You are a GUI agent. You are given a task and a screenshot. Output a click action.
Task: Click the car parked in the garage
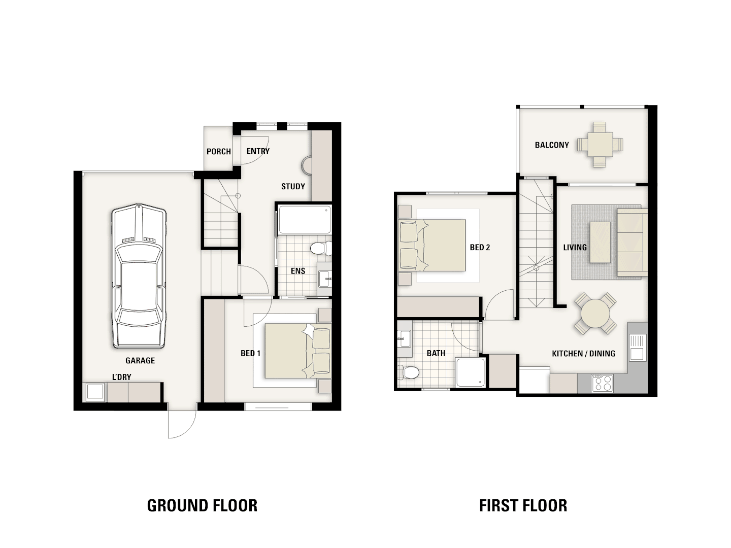(139, 276)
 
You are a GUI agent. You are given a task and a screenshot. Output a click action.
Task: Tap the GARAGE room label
(140, 360)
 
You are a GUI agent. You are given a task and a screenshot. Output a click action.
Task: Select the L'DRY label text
(121, 377)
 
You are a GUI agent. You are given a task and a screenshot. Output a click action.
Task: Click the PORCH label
(218, 151)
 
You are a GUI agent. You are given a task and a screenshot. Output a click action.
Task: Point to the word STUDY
(293, 186)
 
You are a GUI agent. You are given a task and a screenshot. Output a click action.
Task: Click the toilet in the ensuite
(321, 248)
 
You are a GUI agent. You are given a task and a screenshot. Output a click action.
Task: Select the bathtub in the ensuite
(305, 220)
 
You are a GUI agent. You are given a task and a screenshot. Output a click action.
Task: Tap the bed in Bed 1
(298, 351)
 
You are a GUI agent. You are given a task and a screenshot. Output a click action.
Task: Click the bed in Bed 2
(432, 245)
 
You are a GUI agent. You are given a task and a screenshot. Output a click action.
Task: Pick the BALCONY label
(552, 145)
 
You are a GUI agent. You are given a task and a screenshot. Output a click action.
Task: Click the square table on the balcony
(600, 145)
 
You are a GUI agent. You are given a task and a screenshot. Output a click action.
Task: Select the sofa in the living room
(632, 242)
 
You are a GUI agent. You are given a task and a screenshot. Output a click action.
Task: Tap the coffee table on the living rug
(600, 242)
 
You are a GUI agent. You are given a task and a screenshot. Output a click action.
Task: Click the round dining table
(595, 314)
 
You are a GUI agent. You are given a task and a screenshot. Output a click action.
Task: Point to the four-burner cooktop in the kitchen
(602, 383)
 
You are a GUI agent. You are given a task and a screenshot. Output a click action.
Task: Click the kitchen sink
(638, 348)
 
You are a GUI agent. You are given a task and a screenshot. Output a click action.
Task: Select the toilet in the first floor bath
(408, 372)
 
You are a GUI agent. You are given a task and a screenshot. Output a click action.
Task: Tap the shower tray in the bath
(470, 372)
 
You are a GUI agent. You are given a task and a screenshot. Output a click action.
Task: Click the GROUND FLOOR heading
(202, 505)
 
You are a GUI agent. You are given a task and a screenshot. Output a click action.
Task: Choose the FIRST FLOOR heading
(523, 505)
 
